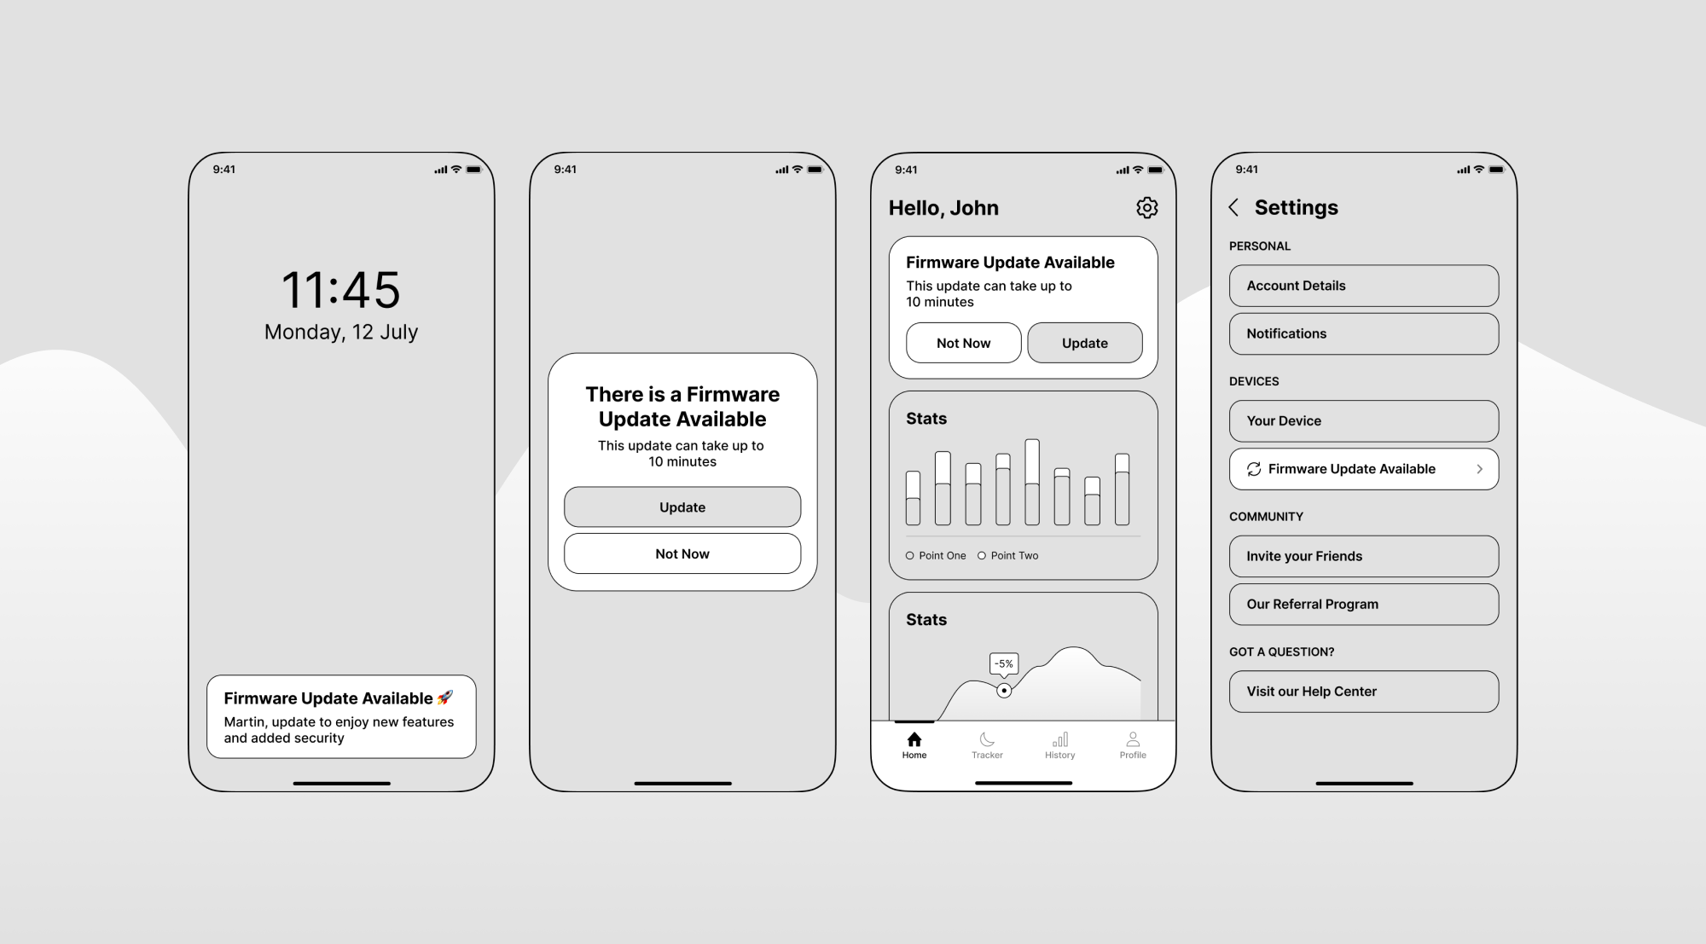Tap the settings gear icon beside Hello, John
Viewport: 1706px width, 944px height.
click(x=1147, y=207)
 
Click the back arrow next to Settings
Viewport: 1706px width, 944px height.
click(x=1233, y=207)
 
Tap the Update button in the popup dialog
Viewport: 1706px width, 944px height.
click(x=682, y=507)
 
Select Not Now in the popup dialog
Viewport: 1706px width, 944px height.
click(x=682, y=553)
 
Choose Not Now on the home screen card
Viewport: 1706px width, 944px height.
click(x=964, y=343)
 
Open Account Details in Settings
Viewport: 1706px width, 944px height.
click(x=1364, y=286)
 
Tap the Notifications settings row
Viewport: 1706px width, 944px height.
click(x=1364, y=333)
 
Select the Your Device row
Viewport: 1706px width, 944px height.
click(x=1364, y=420)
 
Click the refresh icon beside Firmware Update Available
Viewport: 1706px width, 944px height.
click(x=1254, y=469)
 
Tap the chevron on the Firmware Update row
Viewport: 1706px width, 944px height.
click(x=1480, y=469)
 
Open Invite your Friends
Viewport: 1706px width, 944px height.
click(x=1364, y=556)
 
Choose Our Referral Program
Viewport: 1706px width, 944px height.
click(x=1364, y=604)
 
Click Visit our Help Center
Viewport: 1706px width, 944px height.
click(x=1364, y=692)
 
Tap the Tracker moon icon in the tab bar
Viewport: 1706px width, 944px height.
click(x=987, y=739)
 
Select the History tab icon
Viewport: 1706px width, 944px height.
click(x=1060, y=739)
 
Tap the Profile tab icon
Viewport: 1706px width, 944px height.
click(x=1133, y=739)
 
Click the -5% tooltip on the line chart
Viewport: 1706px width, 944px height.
click(x=1004, y=664)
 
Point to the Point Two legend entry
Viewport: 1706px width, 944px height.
click(x=1008, y=555)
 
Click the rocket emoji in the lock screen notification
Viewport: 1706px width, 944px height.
click(x=445, y=698)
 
